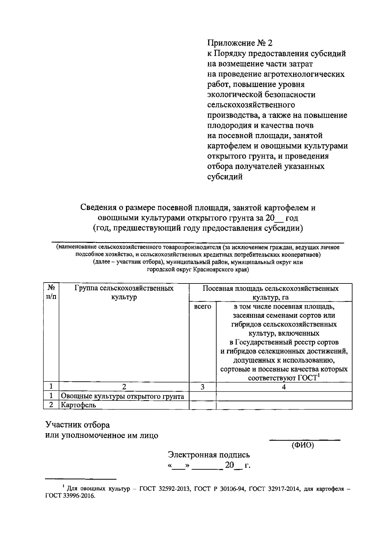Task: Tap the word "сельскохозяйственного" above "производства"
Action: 251,105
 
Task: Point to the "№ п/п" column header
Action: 51,292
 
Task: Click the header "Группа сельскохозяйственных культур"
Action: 124,292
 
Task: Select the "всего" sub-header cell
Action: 203,306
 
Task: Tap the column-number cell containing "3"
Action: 203,387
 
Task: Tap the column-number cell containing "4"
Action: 284,387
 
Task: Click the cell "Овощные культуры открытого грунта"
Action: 123,396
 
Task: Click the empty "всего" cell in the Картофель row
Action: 203,405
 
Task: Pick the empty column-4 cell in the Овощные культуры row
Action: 284,396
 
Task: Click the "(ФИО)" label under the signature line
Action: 303,445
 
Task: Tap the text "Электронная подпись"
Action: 209,455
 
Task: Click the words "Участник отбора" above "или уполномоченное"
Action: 78,425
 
